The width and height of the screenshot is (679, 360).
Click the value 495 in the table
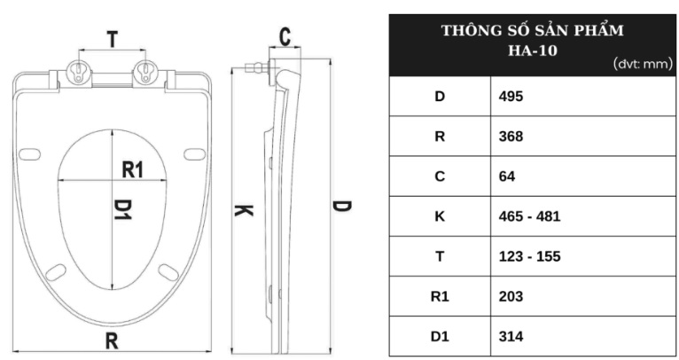[x=511, y=96]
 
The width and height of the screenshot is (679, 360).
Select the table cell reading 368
[x=511, y=137]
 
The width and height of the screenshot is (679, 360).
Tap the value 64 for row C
[x=507, y=176]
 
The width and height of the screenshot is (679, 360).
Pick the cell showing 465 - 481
[x=529, y=216]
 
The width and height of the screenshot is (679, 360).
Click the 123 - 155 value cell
[x=529, y=256]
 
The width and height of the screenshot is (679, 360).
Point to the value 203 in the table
[x=511, y=296]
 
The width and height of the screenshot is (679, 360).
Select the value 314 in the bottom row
[x=511, y=336]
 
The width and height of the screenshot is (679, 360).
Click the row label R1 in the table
[x=440, y=296]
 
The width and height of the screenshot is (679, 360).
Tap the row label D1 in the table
[x=440, y=336]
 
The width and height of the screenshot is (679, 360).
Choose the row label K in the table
[x=440, y=216]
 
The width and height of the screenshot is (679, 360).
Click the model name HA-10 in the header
[x=532, y=51]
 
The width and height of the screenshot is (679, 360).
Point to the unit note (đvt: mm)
[x=643, y=64]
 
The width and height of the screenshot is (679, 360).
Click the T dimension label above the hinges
[x=113, y=39]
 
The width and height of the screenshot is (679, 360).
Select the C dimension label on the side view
[x=285, y=37]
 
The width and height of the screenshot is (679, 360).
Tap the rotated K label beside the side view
[x=244, y=210]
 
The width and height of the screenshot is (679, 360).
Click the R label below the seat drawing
[x=112, y=340]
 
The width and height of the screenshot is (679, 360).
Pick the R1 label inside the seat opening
[x=132, y=169]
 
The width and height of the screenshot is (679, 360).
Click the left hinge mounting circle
[x=78, y=72]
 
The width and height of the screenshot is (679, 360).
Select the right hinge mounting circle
[x=145, y=72]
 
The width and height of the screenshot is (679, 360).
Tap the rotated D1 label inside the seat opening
[x=122, y=209]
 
